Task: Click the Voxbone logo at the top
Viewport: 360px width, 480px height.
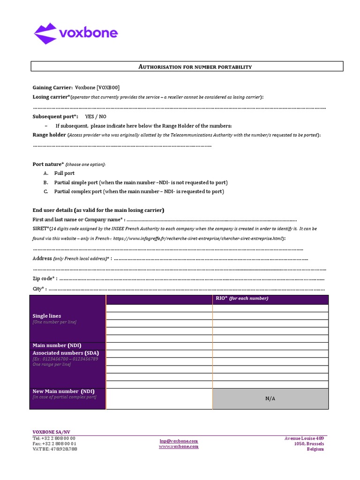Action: pyautogui.click(x=75, y=33)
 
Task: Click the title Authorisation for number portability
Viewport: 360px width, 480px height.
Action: pyautogui.click(x=195, y=67)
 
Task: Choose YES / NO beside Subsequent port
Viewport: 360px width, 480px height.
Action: pyautogui.click(x=96, y=116)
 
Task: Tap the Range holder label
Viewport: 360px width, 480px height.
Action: pyautogui.click(x=49, y=135)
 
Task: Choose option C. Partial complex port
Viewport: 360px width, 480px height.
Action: pyautogui.click(x=139, y=192)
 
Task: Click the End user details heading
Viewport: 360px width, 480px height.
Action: pyautogui.click(x=98, y=210)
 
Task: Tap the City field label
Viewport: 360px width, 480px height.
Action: pyautogui.click(x=39, y=289)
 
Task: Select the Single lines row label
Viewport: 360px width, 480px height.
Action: pyautogui.click(x=47, y=316)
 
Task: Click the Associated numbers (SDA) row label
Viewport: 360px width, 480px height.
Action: pyautogui.click(x=66, y=353)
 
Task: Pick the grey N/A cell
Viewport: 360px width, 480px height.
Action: pyautogui.click(x=270, y=398)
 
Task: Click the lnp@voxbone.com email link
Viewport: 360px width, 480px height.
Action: pyautogui.click(x=179, y=441)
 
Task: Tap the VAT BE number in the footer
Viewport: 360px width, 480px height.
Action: pyautogui.click(x=55, y=449)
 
